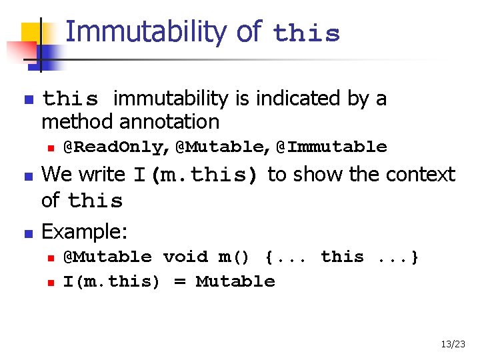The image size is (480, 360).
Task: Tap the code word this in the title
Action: [306, 33]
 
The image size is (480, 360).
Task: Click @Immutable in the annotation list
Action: [331, 147]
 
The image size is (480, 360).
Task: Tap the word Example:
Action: [85, 231]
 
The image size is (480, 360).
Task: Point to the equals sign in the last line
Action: [179, 281]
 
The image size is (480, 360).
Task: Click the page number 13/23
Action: [453, 344]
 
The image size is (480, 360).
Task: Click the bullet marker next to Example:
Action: [27, 233]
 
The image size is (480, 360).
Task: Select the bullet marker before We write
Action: [27, 177]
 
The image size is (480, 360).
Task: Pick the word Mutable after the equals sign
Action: [235, 281]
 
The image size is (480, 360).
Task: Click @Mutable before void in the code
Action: [107, 257]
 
